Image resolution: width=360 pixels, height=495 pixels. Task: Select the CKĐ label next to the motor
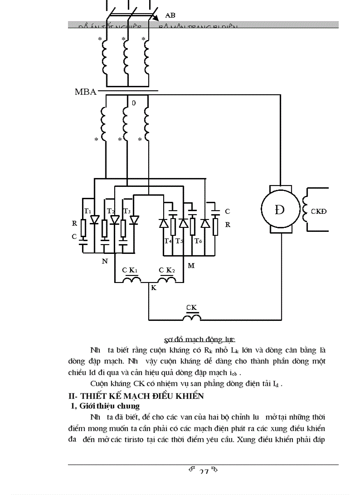pyautogui.click(x=319, y=211)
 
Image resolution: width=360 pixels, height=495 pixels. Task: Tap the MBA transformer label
pyautogui.click(x=86, y=93)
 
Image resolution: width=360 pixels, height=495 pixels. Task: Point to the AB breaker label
pyautogui.click(x=170, y=15)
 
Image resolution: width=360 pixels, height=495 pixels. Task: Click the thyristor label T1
pyautogui.click(x=88, y=210)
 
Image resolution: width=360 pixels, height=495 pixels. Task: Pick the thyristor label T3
pyautogui.click(x=127, y=211)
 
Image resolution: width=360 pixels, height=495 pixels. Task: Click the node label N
pyautogui.click(x=105, y=261)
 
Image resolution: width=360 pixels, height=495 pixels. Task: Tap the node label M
pyautogui.click(x=191, y=265)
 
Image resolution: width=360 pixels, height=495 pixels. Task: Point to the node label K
pyautogui.click(x=154, y=287)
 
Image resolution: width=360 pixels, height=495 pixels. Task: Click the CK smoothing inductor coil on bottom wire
pyautogui.click(x=192, y=317)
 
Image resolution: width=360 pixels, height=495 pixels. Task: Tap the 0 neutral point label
pyautogui.click(x=133, y=103)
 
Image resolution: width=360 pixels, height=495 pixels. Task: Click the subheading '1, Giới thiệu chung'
pyautogui.click(x=105, y=406)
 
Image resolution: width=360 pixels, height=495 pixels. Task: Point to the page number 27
pyautogui.click(x=203, y=472)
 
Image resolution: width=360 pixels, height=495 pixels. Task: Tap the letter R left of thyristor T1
pyautogui.click(x=75, y=223)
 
